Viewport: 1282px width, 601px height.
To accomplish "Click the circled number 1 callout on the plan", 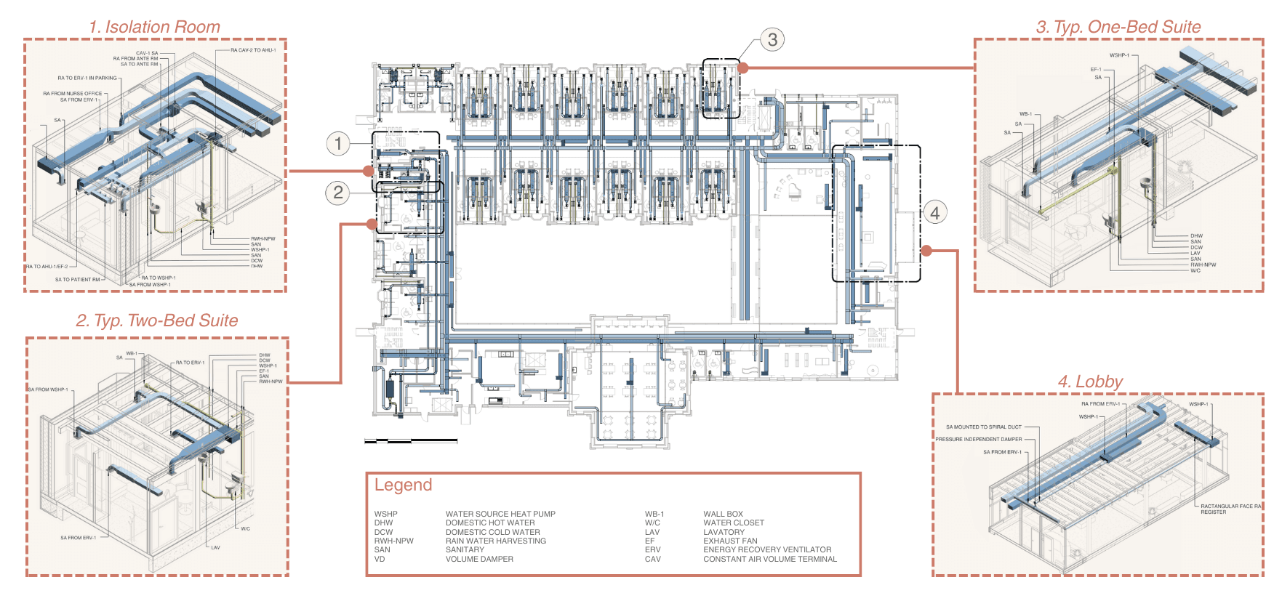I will coord(338,143).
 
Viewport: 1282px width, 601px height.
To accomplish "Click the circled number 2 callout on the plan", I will coord(338,193).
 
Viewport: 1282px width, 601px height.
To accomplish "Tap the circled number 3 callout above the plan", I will coord(772,39).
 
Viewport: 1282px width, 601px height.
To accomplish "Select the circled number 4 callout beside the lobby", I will coord(935,213).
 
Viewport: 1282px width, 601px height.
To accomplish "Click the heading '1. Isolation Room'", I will coord(154,27).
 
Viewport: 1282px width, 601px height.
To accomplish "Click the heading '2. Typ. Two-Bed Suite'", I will coord(156,320).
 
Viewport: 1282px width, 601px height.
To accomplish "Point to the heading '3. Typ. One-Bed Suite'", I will coord(1118,27).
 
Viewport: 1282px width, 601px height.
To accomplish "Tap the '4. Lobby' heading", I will coord(1089,382).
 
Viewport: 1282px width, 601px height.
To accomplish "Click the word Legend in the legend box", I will coord(403,485).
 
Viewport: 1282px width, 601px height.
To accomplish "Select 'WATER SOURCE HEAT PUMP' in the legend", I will coord(500,514).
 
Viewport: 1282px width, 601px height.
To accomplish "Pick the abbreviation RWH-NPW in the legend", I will coord(393,541).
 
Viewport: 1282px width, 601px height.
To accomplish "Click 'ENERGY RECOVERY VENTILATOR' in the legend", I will coord(766,549).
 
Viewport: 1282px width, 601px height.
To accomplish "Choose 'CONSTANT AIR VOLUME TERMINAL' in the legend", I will coord(769,559).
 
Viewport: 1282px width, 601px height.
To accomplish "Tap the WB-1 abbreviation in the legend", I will coord(654,514).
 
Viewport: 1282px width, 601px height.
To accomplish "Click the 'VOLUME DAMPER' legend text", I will coord(479,559).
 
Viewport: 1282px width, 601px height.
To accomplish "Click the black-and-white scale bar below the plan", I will coord(411,440).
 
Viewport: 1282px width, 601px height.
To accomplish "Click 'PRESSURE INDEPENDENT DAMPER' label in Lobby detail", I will coord(978,439).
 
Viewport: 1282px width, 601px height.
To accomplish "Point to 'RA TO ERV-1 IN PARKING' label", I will coord(87,78).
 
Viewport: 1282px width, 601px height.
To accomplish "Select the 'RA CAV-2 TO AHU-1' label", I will coord(253,50).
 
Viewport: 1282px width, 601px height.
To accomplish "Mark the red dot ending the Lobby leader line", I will coord(926,251).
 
